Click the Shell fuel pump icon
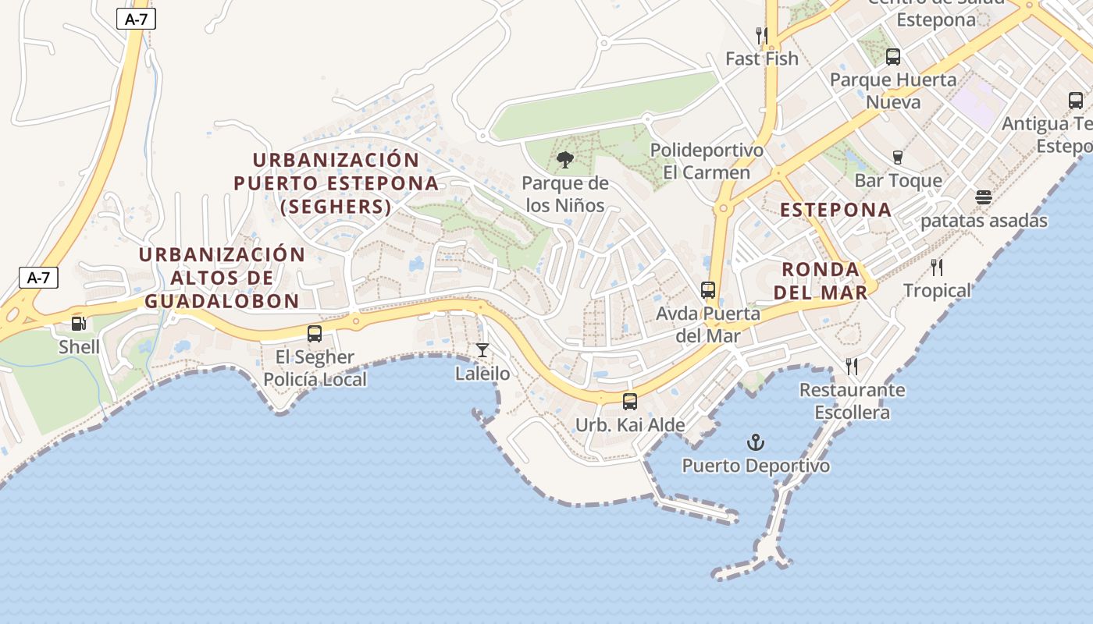coord(79,323)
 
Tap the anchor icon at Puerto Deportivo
coord(755,443)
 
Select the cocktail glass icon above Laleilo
coord(482,350)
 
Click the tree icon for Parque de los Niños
coord(565,161)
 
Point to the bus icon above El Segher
coord(315,334)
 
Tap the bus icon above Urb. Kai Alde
coord(629,402)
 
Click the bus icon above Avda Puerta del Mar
coord(708,290)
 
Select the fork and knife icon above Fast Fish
coord(762,35)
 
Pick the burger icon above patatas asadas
coord(983,197)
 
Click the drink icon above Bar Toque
coord(898,158)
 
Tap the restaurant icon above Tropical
coord(937,268)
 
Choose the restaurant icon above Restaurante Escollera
coord(852,366)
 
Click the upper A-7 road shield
coord(137,19)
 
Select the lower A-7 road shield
coord(38,277)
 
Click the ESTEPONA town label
coord(835,210)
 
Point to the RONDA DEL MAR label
coord(824,281)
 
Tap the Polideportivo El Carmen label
coord(707,161)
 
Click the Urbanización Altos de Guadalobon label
coord(222,278)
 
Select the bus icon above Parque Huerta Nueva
coord(893,56)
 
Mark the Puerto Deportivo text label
coord(756,466)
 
